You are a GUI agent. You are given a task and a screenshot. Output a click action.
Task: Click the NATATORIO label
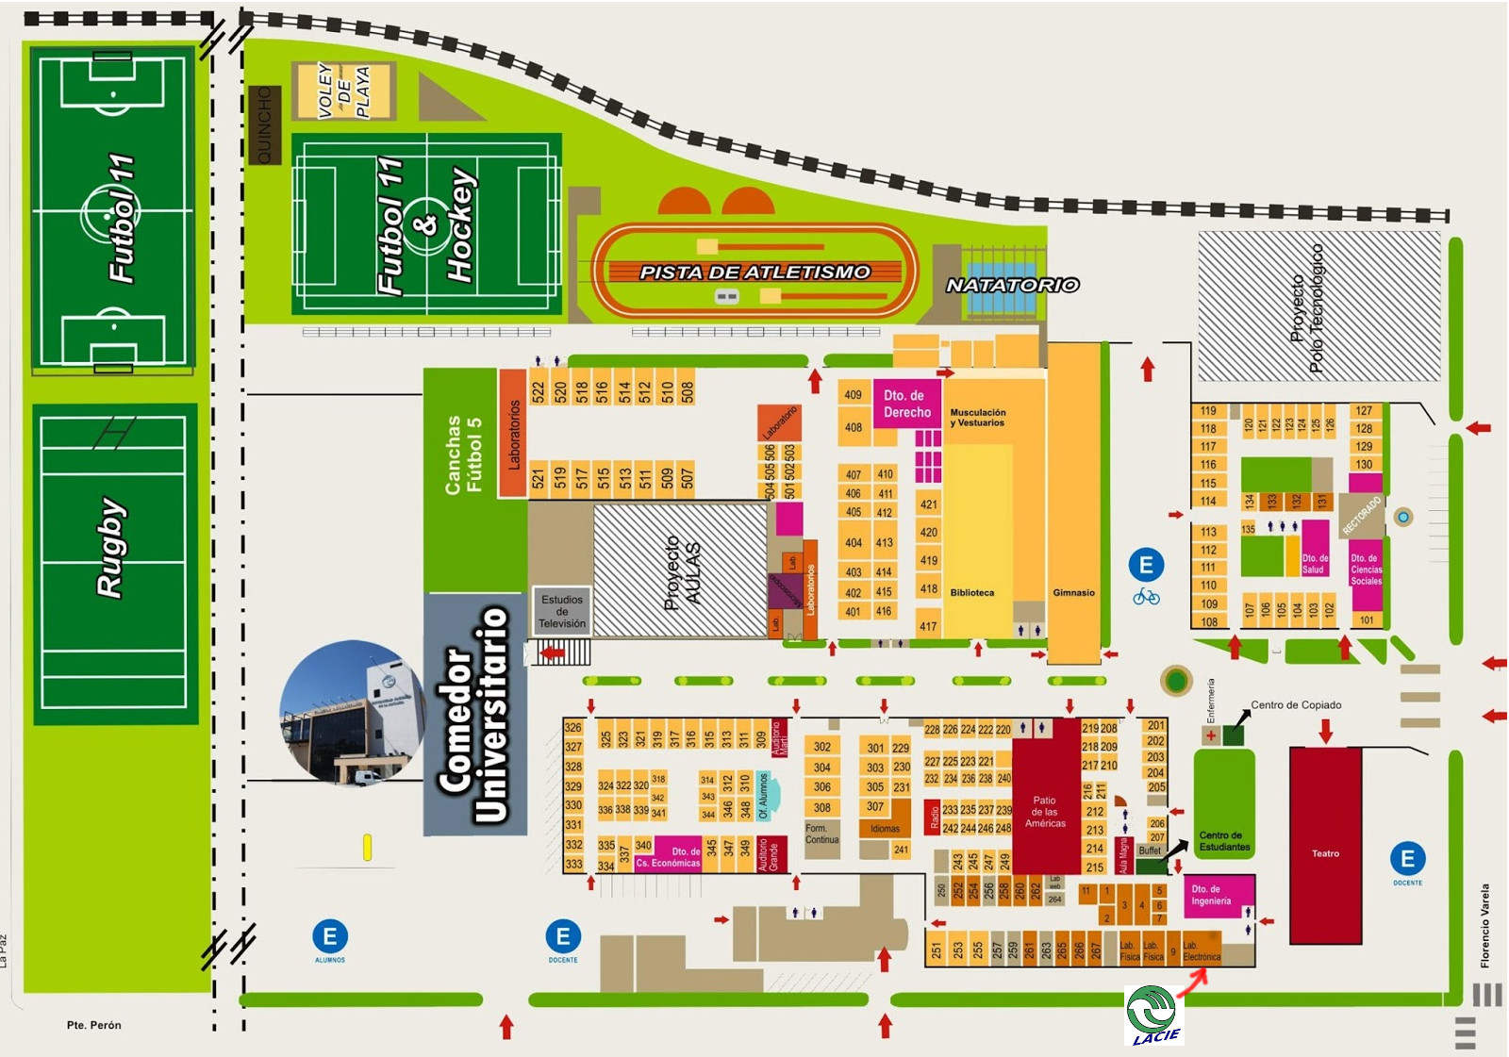1012,285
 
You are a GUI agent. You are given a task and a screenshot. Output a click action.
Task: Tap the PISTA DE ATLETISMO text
754,273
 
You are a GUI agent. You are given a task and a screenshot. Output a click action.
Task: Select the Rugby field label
110,547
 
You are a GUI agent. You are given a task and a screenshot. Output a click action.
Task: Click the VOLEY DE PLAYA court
343,91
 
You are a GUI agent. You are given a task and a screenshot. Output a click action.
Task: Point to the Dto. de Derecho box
906,405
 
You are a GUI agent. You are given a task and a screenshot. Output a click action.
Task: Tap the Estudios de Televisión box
562,611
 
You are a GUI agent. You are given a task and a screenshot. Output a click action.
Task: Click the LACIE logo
1152,1015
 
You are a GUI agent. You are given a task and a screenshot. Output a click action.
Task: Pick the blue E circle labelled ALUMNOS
330,936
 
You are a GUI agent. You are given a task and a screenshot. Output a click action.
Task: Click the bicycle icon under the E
1146,597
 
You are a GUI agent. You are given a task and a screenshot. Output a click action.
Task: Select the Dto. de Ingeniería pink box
1218,895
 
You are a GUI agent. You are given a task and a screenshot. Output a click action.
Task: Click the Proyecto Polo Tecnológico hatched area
1318,306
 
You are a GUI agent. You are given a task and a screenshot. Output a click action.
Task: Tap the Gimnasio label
1073,593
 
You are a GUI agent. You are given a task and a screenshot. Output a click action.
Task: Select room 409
853,395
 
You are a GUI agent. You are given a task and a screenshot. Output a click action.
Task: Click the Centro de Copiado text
1295,705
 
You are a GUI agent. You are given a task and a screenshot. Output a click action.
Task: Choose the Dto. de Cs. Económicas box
669,857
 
